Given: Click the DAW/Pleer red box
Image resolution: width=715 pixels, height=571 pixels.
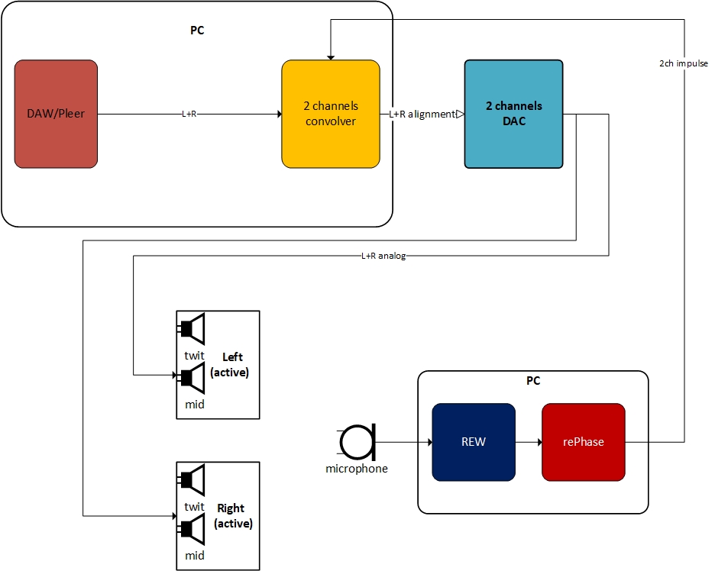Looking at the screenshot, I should pyautogui.click(x=56, y=114).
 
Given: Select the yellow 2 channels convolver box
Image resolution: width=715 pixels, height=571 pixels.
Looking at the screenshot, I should pyautogui.click(x=331, y=114).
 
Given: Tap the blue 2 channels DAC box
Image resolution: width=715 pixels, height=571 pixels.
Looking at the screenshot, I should pyautogui.click(x=513, y=114).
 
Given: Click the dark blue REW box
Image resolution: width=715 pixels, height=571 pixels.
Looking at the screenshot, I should pyautogui.click(x=474, y=442).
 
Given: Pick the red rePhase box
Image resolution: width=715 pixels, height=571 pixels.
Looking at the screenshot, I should pyautogui.click(x=584, y=442).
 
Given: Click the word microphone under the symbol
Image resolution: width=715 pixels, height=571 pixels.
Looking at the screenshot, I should pyautogui.click(x=357, y=469).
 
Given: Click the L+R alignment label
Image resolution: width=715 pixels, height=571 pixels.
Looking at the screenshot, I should pyautogui.click(x=421, y=114).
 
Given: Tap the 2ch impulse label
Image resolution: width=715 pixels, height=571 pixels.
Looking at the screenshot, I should pyautogui.click(x=684, y=63).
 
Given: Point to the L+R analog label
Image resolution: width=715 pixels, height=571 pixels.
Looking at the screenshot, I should pyautogui.click(x=383, y=256).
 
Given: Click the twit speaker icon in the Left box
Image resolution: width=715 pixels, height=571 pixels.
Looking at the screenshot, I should pyautogui.click(x=193, y=329).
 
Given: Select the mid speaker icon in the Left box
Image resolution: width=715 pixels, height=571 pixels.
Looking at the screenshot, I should pyautogui.click(x=193, y=377).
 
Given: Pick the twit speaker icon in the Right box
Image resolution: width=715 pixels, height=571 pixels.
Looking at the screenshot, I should pyautogui.click(x=193, y=480).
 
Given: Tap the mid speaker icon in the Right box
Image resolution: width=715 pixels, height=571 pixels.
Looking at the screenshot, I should pyautogui.click(x=193, y=528).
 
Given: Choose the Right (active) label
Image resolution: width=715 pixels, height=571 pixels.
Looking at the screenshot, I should pyautogui.click(x=231, y=516).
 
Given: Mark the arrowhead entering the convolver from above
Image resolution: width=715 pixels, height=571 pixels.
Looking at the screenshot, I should pyautogui.click(x=330, y=56).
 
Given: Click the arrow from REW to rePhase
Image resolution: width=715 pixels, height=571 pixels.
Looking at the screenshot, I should pyautogui.click(x=529, y=442).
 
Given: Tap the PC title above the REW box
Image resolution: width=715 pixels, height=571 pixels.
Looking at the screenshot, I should pyautogui.click(x=532, y=380).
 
